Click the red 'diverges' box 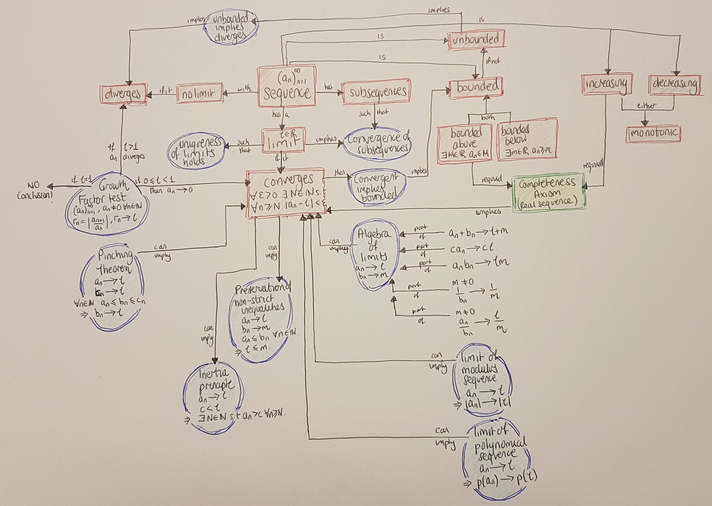pos(123,93)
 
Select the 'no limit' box pos(200,93)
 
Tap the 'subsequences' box pos(376,91)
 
